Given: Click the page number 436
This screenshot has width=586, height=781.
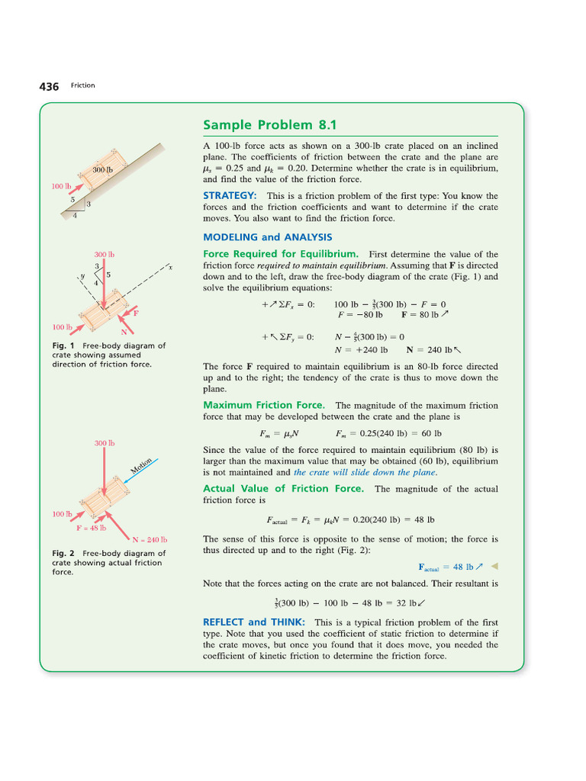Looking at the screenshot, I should pyautogui.click(x=49, y=86).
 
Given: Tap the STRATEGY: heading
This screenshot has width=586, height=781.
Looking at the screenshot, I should pyautogui.click(x=230, y=195).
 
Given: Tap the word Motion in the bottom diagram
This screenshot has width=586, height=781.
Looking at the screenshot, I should pyautogui.click(x=141, y=466).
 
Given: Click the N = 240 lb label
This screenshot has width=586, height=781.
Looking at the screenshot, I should pyautogui.click(x=150, y=539).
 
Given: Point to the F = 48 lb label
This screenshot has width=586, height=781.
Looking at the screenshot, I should pyautogui.click(x=92, y=527).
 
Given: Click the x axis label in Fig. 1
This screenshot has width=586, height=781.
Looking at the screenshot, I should pyautogui.click(x=171, y=268).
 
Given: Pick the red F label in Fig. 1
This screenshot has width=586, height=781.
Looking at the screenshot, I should pyautogui.click(x=136, y=313).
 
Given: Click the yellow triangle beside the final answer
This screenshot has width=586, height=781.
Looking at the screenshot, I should pyautogui.click(x=494, y=566).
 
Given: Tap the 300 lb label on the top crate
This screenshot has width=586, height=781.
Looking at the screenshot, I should pyautogui.click(x=102, y=169).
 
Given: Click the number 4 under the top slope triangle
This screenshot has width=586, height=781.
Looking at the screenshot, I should pyautogui.click(x=74, y=215).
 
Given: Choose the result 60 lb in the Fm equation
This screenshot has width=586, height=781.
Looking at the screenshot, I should pyautogui.click(x=431, y=433).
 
